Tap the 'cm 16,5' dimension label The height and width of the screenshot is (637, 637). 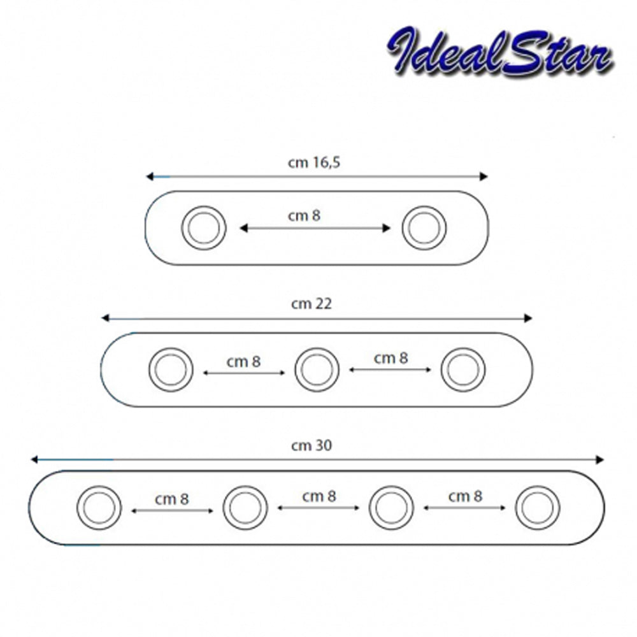314,162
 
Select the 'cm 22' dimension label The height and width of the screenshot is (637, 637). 311,304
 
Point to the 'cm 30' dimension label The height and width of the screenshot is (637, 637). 311,446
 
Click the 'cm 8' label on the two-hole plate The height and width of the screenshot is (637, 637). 304,216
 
